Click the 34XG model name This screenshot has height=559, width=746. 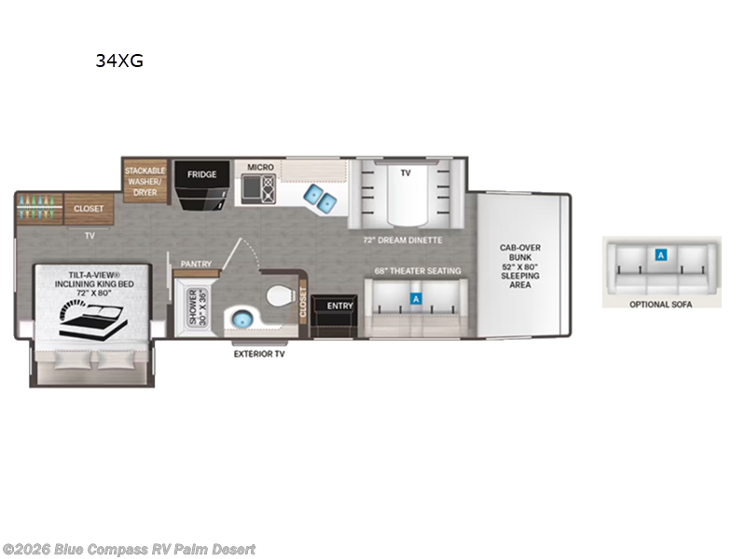(x=117, y=61)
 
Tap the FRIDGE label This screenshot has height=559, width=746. (x=201, y=174)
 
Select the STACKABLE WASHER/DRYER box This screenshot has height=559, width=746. (x=145, y=180)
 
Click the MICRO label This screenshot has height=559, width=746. (x=260, y=168)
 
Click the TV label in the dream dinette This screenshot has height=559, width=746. (x=405, y=173)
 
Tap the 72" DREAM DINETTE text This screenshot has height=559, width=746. (x=403, y=240)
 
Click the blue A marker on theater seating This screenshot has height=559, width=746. (x=416, y=300)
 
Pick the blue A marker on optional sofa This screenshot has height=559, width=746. (x=661, y=253)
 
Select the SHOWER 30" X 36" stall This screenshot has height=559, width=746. (x=196, y=307)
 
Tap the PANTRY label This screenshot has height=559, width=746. (x=196, y=264)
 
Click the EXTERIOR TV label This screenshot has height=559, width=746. (x=260, y=354)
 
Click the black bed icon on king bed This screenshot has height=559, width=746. (x=91, y=320)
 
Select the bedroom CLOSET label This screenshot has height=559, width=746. (x=90, y=209)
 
